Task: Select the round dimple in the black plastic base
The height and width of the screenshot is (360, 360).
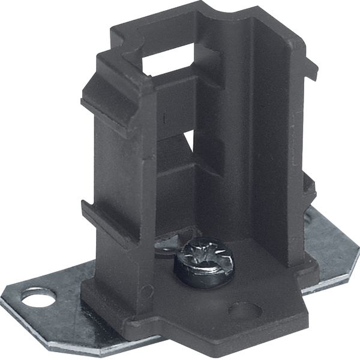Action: tap(245, 310)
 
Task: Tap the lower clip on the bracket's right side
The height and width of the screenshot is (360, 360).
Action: tap(308, 186)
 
